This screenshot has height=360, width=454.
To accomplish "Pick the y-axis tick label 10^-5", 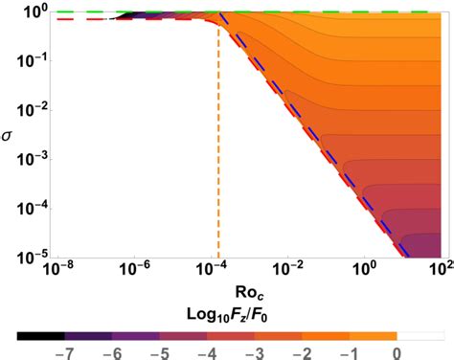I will pos(24,257).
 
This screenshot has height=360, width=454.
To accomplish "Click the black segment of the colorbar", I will pos(40,335).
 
